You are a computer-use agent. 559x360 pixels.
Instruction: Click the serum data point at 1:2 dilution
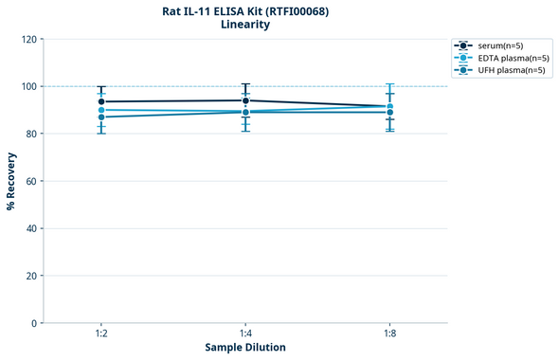(101, 101)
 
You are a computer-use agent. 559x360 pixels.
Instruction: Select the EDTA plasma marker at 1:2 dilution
(101, 110)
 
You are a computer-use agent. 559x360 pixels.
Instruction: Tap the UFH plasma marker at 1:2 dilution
(101, 117)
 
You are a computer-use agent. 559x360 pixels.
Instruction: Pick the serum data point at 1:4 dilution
(245, 100)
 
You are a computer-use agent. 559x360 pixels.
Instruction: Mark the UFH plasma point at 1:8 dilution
(389, 112)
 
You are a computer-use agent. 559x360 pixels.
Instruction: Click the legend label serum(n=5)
(501, 45)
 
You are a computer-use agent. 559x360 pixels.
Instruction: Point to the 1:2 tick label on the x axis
(101, 334)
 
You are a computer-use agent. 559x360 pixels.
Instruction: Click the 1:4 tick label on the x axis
(245, 334)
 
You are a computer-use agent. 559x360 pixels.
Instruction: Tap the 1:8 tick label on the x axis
(389, 334)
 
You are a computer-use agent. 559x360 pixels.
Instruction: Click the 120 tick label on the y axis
(29, 40)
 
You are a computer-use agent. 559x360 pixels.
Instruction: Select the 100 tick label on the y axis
(29, 87)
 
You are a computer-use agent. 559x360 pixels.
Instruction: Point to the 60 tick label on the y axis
(32, 181)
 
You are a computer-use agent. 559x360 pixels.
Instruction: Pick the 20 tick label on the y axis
(32, 276)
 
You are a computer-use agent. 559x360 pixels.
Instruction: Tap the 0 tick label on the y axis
(35, 323)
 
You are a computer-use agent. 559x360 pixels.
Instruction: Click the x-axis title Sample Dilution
(245, 348)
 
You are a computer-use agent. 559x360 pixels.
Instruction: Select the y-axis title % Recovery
(11, 181)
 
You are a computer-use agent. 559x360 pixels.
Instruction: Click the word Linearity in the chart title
(245, 25)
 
